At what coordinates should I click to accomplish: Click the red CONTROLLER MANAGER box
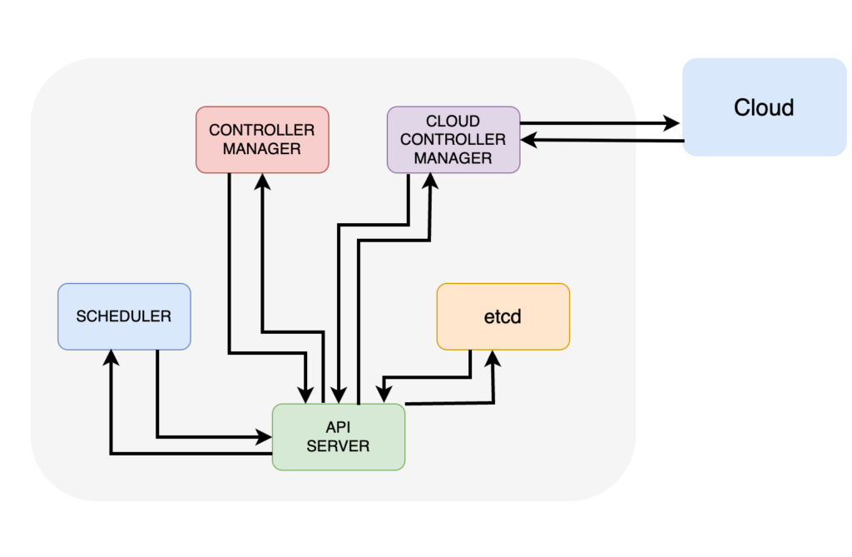tap(262, 139)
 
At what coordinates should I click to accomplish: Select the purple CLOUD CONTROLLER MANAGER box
tap(453, 139)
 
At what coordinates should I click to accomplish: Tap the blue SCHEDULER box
tap(124, 316)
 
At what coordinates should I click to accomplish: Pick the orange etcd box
tap(503, 316)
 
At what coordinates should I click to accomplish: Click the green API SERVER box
tap(338, 437)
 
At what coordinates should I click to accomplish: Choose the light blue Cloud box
tap(764, 107)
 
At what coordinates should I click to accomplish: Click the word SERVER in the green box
tap(338, 446)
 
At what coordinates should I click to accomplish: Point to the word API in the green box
tap(338, 428)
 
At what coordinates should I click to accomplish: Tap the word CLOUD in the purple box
tap(453, 122)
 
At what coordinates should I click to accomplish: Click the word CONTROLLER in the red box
tap(262, 131)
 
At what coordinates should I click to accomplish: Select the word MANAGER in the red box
tap(262, 149)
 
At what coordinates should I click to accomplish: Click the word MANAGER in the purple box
tap(453, 158)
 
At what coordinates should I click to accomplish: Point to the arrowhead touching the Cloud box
tap(672, 124)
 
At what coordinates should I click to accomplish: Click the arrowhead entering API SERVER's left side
tap(265, 435)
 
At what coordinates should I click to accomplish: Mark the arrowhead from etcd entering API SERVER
tap(384, 395)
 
